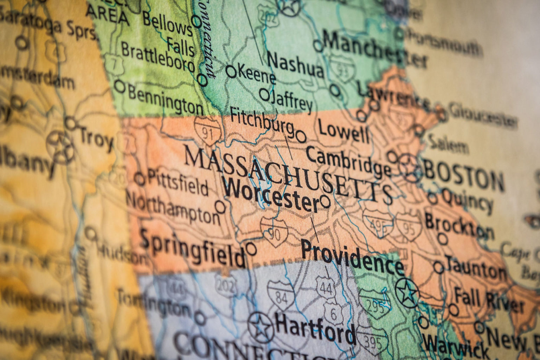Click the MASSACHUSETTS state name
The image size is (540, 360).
tap(288, 174)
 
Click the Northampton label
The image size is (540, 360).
tap(172, 208)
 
